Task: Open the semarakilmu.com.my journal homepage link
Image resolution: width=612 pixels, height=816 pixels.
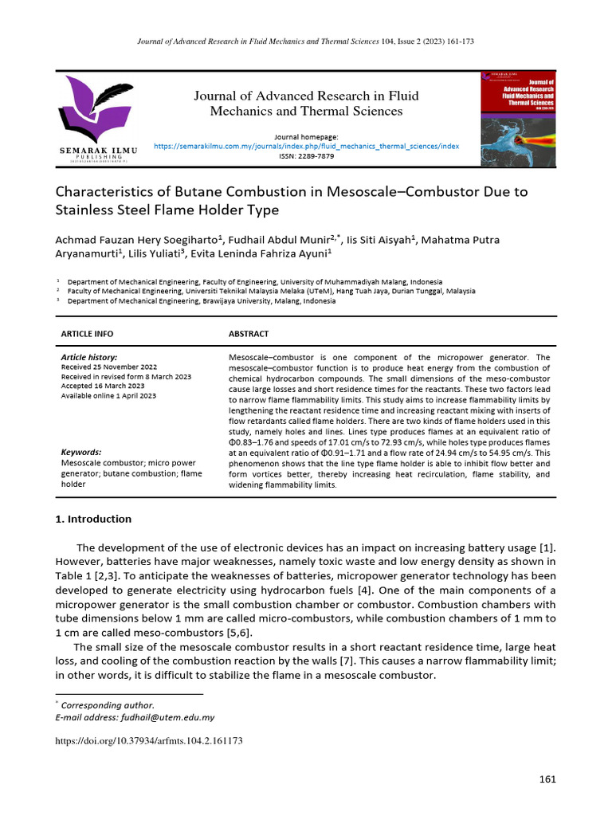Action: (306, 147)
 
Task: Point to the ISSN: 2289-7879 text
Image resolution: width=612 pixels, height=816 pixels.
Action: (306, 156)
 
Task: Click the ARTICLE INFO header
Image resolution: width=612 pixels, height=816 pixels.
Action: (87, 334)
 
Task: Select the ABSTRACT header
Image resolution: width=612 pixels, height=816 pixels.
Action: (249, 334)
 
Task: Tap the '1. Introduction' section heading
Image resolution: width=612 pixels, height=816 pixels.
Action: (93, 519)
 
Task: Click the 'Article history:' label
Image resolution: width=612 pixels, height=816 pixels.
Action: (89, 358)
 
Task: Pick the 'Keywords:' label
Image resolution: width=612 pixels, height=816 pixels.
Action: (81, 451)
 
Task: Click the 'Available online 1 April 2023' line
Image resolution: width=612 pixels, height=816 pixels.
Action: (108, 395)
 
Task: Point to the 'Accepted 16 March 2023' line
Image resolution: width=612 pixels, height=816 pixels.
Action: (102, 386)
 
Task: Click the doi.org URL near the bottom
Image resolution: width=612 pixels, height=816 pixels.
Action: (148, 740)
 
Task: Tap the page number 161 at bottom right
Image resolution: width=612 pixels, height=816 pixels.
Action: (547, 779)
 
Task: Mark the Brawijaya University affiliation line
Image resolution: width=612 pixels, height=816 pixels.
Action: (202, 301)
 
